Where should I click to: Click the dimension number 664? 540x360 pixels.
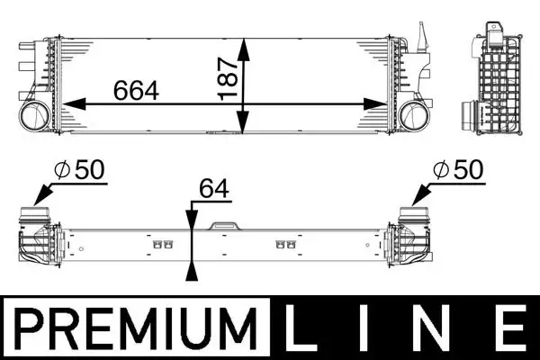136,90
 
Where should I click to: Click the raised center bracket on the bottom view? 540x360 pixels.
221,225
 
